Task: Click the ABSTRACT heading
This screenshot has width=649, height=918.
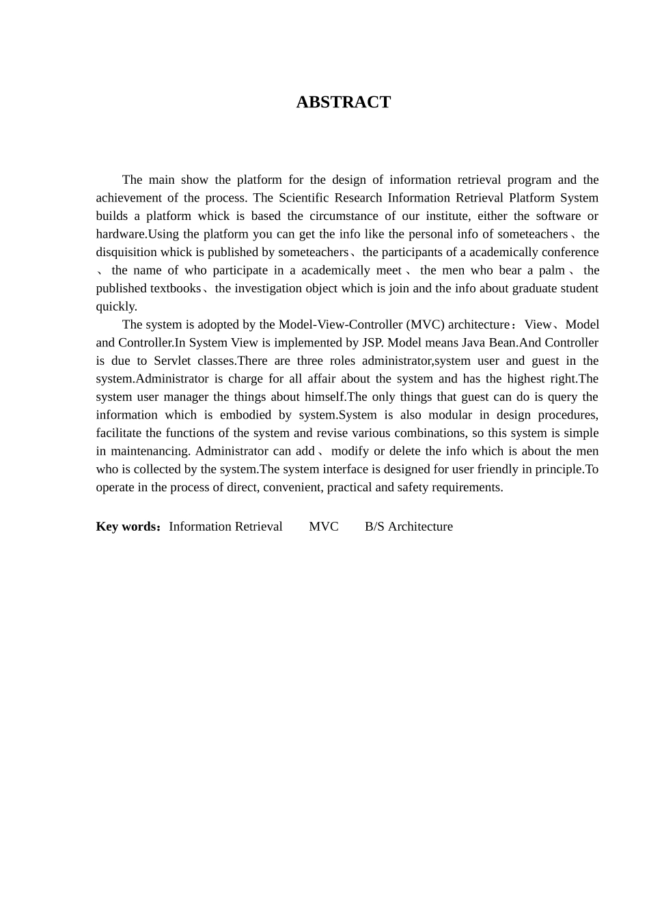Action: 343,102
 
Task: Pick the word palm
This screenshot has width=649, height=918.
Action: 552,270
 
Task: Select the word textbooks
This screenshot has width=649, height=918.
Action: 176,288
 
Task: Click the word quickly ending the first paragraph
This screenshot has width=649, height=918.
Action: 116,307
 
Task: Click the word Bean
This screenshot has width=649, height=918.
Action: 501,343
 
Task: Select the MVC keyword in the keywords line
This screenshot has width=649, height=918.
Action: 323,527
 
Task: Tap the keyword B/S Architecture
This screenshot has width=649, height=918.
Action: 409,527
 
